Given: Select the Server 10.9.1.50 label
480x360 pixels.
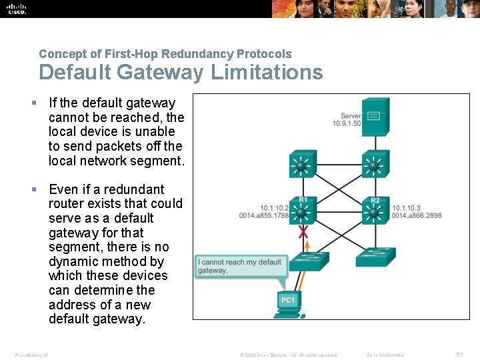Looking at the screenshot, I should [351, 120].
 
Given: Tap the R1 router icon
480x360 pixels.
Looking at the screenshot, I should [303, 212].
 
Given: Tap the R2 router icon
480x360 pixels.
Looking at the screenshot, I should [374, 212].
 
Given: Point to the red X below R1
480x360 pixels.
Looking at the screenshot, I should [303, 233].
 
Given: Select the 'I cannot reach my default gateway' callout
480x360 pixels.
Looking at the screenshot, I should [239, 266].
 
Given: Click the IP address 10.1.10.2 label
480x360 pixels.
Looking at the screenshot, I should [274, 207].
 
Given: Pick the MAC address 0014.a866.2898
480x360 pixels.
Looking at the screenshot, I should [417, 215].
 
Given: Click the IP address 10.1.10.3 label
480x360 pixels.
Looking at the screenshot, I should [407, 207].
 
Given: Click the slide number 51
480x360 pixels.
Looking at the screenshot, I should [459, 355].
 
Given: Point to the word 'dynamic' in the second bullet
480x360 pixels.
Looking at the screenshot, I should [73, 261].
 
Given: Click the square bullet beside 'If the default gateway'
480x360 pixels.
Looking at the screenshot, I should [34, 103].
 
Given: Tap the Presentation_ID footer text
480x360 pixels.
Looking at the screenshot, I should [31, 355].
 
